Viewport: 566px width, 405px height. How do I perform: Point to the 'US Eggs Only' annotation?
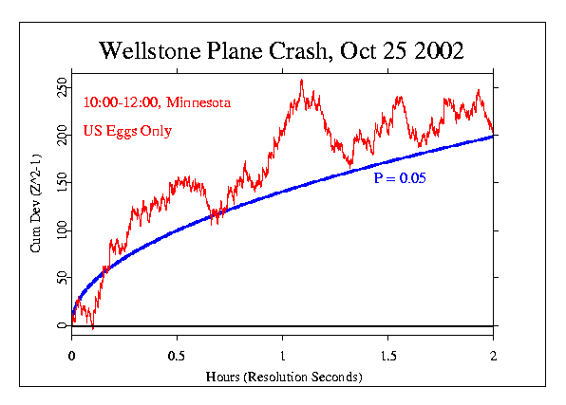(127, 131)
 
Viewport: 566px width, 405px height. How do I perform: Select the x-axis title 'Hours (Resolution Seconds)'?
(282, 377)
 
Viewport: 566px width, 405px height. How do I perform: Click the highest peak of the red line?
(302, 81)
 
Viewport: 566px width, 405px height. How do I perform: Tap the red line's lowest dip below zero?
(92, 328)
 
